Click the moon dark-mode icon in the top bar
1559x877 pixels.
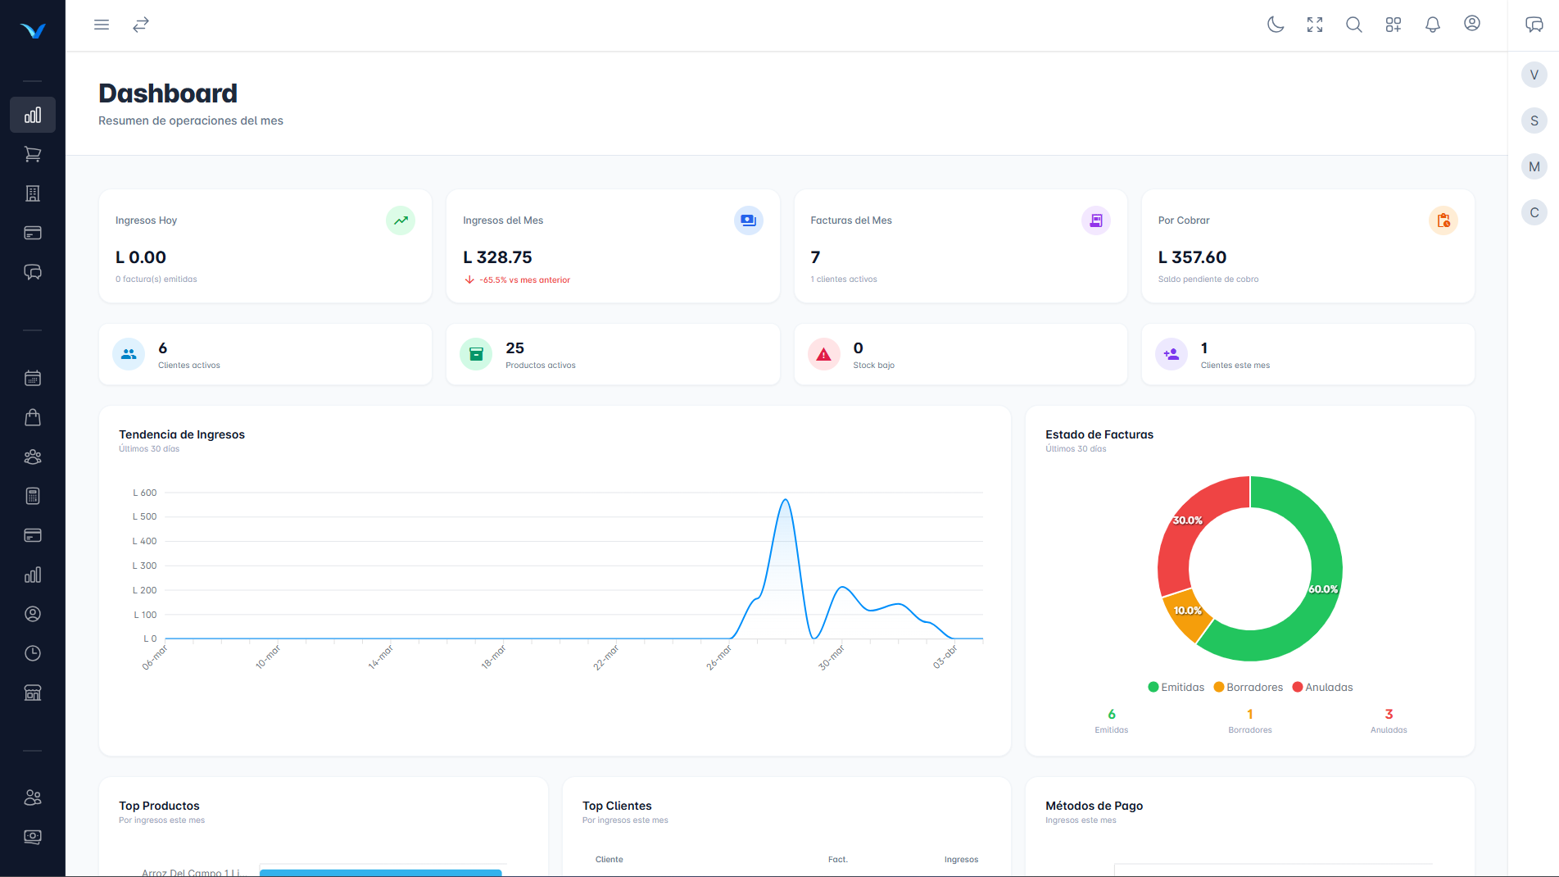[1276, 25]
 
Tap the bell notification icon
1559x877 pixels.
[1433, 25]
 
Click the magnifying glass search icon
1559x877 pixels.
[1354, 25]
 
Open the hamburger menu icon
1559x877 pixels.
[102, 25]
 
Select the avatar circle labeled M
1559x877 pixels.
[1534, 166]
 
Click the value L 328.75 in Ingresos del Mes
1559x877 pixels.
[497, 257]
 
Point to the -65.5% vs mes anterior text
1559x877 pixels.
[524, 280]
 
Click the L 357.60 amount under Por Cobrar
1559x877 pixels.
[1192, 257]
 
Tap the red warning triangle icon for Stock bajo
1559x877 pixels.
[823, 355]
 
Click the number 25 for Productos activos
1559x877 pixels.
[514, 348]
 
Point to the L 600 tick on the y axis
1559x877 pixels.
[145, 493]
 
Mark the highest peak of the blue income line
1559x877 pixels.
[785, 499]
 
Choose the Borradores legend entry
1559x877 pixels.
[1249, 688]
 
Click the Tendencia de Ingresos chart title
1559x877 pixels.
[182, 434]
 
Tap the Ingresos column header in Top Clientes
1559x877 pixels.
[961, 860]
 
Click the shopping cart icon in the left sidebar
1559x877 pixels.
[33, 154]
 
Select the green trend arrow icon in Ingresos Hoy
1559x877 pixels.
[401, 220]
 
